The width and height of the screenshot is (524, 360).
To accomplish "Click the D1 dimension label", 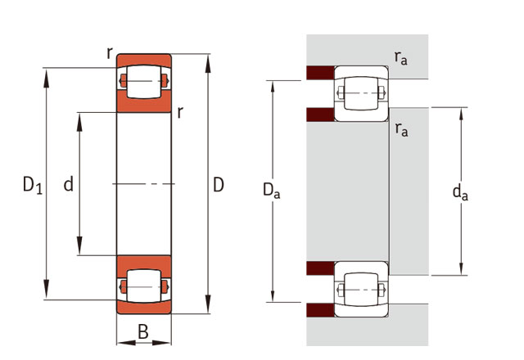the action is pyautogui.click(x=33, y=185).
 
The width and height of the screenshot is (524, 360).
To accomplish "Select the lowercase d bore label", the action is pyautogui.click(x=69, y=184).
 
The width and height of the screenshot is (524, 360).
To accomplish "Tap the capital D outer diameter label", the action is pyautogui.click(x=219, y=185).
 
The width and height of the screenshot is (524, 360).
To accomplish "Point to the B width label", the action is pyautogui.click(x=143, y=332).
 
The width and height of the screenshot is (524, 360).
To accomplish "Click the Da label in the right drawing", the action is pyautogui.click(x=271, y=191).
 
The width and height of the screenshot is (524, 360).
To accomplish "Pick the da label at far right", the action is pyautogui.click(x=460, y=193).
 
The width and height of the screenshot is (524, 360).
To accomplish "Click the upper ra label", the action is pyautogui.click(x=401, y=57).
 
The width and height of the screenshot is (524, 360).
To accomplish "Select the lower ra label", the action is pyautogui.click(x=401, y=129).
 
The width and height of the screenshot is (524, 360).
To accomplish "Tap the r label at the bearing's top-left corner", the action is pyautogui.click(x=109, y=52).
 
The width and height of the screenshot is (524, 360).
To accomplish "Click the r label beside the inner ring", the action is pyautogui.click(x=180, y=112).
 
